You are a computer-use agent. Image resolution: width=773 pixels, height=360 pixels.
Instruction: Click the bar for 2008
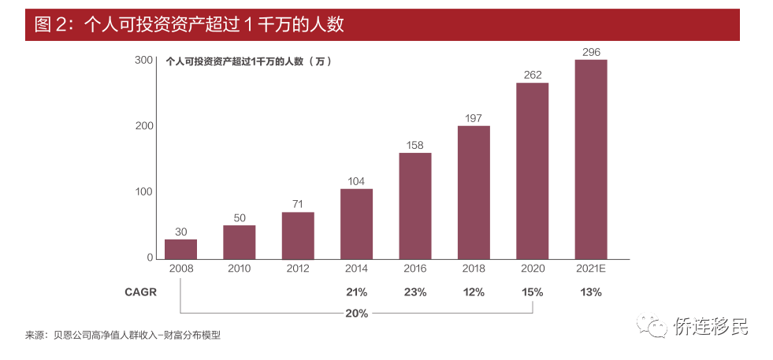point(180,249)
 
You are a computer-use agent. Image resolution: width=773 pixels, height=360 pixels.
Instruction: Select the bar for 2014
point(356,224)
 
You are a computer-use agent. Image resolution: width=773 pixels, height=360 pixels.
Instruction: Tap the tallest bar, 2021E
point(591,159)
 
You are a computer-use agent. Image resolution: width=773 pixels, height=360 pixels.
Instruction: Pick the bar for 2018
point(474,192)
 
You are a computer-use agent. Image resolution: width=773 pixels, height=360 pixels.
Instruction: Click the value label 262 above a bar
point(533,76)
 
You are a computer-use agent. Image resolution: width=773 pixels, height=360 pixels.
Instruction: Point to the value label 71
point(298,204)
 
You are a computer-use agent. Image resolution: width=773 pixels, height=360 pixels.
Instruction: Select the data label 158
point(415,146)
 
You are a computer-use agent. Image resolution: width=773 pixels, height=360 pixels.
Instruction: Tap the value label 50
point(239,218)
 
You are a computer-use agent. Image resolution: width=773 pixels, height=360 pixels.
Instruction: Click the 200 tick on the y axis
point(144,126)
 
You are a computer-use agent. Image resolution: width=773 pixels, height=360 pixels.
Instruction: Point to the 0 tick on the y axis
point(150,258)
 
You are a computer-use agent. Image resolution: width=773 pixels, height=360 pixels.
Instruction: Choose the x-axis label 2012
point(298,269)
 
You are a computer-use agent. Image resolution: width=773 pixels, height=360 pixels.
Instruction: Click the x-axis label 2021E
point(591,269)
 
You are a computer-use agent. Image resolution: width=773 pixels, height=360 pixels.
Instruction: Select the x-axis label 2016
point(415,269)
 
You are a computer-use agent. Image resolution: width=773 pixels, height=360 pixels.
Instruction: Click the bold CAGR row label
point(140,292)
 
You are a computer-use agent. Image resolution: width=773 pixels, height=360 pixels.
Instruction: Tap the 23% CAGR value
point(415,292)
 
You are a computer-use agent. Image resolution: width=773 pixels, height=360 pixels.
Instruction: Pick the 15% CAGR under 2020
point(533,292)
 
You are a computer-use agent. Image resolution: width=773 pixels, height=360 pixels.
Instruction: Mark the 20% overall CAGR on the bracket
point(356,314)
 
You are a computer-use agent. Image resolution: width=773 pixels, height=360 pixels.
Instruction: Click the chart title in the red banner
point(189,24)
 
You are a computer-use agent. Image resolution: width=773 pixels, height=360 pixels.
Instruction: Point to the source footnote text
point(123,336)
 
